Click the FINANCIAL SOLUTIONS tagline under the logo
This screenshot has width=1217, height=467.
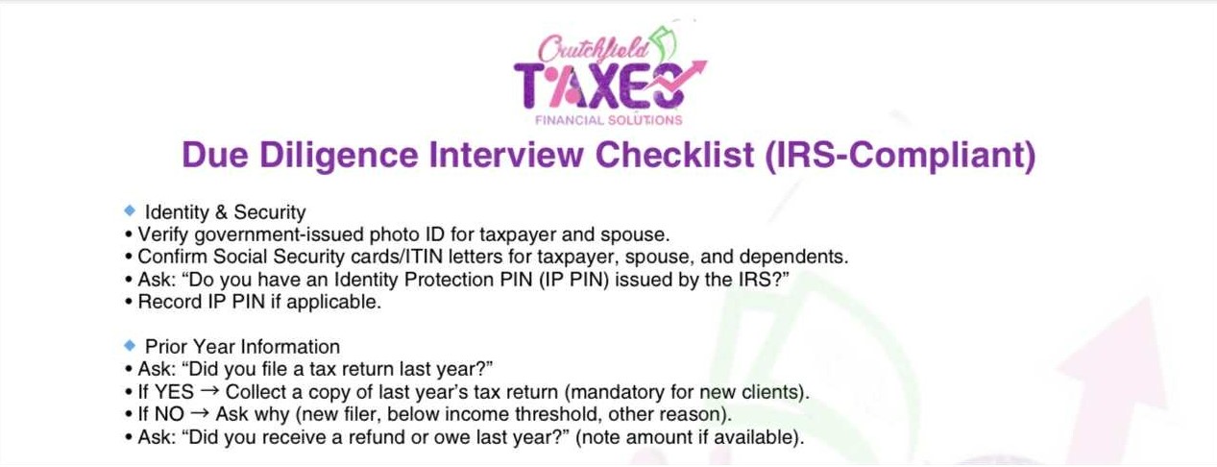point(609,120)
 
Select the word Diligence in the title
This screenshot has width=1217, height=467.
point(338,156)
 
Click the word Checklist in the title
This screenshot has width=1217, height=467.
point(675,155)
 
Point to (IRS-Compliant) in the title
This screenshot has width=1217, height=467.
point(900,156)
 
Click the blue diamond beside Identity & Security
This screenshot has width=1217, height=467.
point(130,209)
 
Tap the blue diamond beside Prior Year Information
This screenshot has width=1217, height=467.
point(130,345)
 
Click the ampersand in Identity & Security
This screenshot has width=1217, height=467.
point(221,212)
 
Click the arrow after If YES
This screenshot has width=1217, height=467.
point(209,390)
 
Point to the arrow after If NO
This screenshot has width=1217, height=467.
point(200,413)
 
